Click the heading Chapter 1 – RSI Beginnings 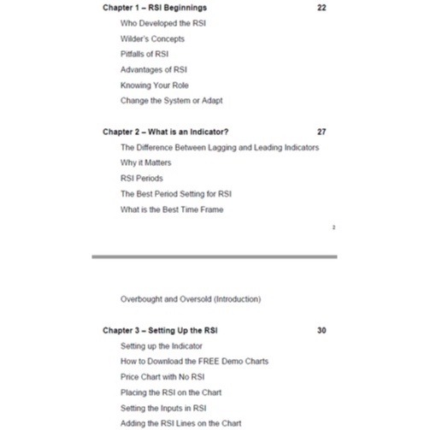(x=155, y=8)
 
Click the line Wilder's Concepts (x=152, y=38)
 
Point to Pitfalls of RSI (x=144, y=54)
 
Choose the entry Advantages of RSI (x=154, y=69)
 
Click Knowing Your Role (x=155, y=85)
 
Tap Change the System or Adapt (x=171, y=100)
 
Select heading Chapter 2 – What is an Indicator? (x=166, y=132)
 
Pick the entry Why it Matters (x=145, y=162)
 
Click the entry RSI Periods (x=141, y=178)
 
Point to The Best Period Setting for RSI (x=175, y=193)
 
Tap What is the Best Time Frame (x=172, y=209)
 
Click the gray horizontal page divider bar (x=215, y=256)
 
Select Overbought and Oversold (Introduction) (x=191, y=299)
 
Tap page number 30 (x=321, y=330)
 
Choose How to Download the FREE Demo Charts (x=194, y=361)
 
